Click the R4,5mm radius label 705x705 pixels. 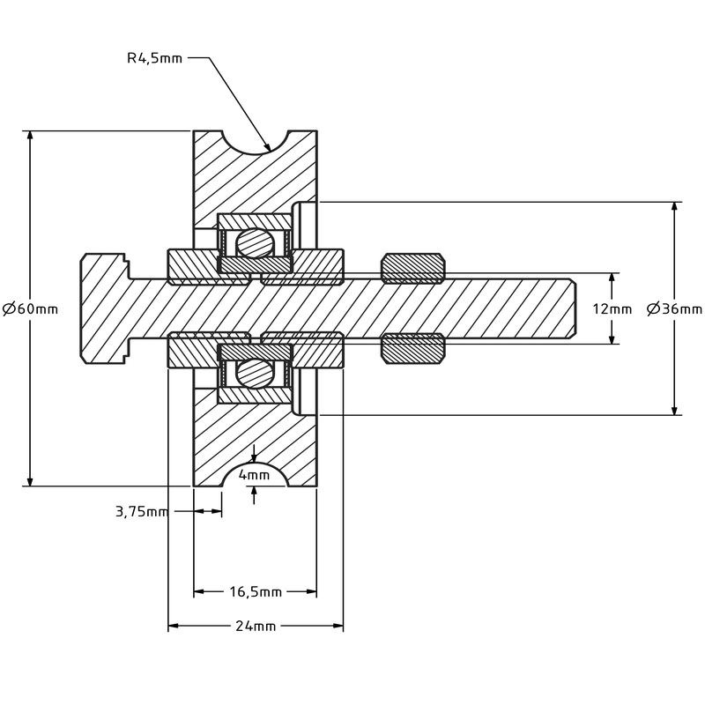[154, 59]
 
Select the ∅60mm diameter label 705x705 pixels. [31, 308]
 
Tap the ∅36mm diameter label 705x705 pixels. [675, 308]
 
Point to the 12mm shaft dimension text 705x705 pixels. [612, 308]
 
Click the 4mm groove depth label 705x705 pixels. [255, 475]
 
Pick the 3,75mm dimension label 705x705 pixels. [141, 512]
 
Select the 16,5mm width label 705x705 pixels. [255, 590]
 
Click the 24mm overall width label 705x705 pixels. [255, 626]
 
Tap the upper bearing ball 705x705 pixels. [255, 241]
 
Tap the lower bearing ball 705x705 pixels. [255, 374]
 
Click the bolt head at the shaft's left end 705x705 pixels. [104, 308]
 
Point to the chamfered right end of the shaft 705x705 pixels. [571, 308]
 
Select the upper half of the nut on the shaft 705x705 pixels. [412, 268]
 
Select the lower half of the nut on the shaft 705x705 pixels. [412, 347]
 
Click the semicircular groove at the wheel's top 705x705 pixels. [255, 141]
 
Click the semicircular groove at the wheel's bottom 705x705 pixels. [255, 476]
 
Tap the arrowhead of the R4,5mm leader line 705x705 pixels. [266, 145]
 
